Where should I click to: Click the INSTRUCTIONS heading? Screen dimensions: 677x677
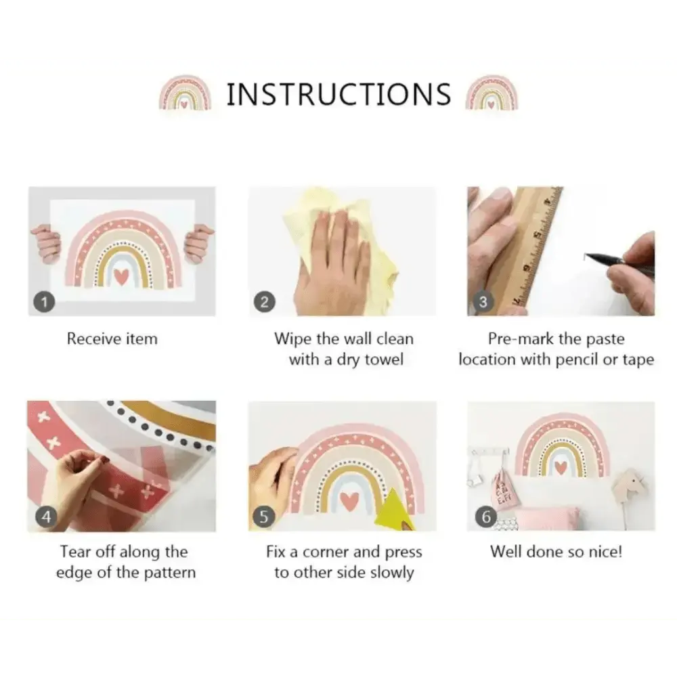tap(339, 94)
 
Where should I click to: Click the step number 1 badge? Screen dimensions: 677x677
tap(45, 301)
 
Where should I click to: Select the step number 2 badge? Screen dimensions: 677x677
tap(264, 301)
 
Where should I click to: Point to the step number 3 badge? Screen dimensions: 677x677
tap(483, 301)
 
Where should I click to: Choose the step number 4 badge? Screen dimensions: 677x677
tap(46, 517)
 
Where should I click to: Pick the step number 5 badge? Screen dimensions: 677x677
tap(264, 517)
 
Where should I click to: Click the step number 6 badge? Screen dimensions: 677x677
tap(485, 517)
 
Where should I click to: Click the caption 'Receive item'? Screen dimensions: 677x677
tap(112, 338)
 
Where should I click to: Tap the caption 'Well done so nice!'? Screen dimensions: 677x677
tap(556, 552)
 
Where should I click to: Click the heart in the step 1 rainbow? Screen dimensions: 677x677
tap(121, 276)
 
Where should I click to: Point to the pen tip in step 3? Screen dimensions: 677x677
tap(585, 256)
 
